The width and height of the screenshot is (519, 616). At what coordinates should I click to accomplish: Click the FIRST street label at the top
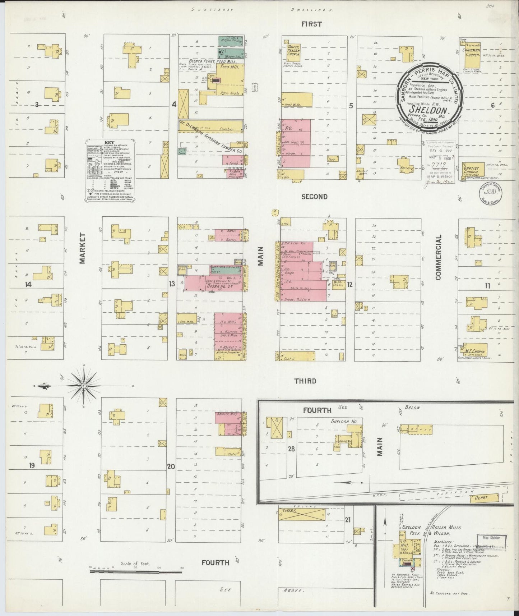click(311, 24)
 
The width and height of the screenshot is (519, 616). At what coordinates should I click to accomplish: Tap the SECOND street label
click(314, 197)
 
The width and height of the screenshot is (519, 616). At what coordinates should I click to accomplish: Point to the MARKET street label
click(83, 248)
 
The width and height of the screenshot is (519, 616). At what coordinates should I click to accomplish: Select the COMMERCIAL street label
click(438, 257)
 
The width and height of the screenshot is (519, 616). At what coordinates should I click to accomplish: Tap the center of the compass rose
click(83, 385)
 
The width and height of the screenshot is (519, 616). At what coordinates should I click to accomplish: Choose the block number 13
click(172, 284)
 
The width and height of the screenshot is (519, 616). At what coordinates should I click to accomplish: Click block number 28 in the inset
click(291, 449)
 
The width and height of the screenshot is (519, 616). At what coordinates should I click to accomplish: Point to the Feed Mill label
click(226, 67)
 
